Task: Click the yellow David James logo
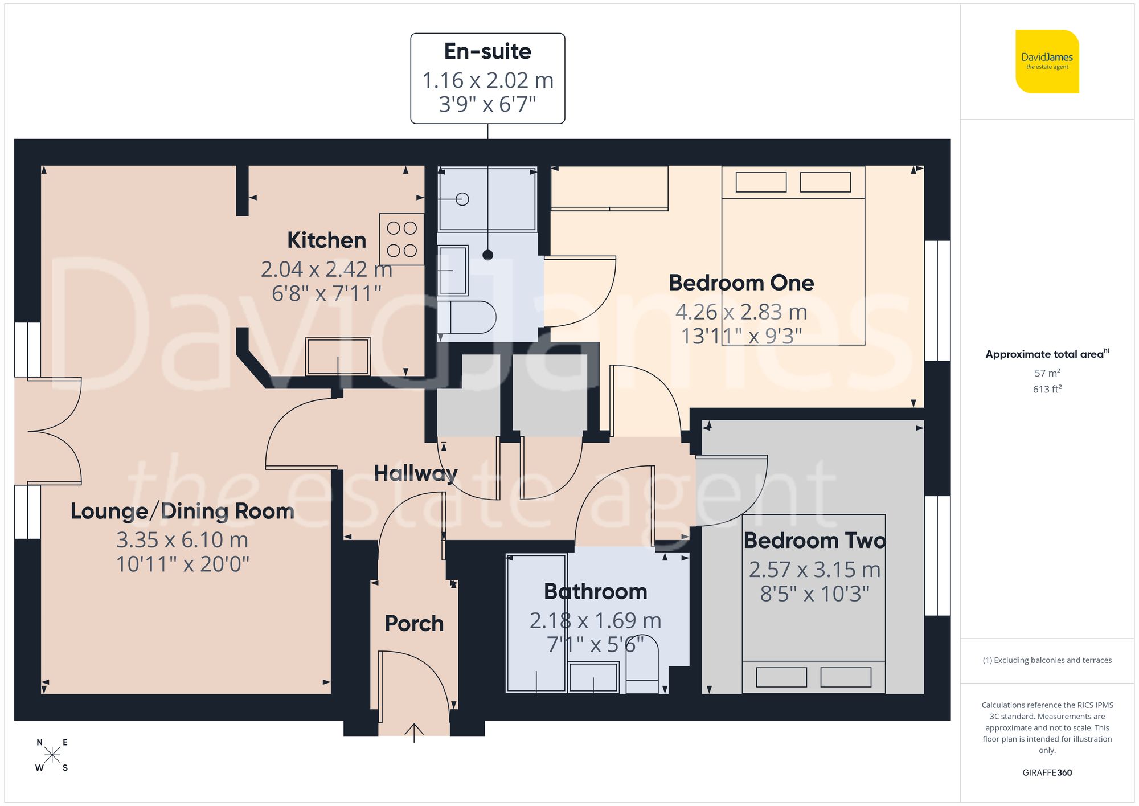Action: click(1047, 62)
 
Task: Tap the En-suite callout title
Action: click(487, 51)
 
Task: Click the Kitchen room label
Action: click(326, 240)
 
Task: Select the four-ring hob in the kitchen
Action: click(401, 239)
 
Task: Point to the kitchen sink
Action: click(338, 356)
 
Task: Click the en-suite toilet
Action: click(473, 317)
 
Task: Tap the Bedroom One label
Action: click(741, 283)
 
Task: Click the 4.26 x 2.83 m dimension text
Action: click(741, 312)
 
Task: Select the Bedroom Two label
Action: click(814, 540)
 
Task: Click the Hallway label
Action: click(416, 473)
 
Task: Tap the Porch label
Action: click(414, 623)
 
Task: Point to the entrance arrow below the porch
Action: click(414, 732)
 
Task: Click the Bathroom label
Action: click(595, 591)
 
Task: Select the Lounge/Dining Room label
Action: click(182, 511)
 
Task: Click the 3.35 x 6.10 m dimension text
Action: click(182, 539)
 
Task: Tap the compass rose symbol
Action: click(52, 755)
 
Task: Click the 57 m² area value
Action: click(1047, 373)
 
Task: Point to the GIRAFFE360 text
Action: click(1047, 772)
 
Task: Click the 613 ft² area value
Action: click(1047, 389)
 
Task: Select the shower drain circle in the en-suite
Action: click(462, 199)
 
